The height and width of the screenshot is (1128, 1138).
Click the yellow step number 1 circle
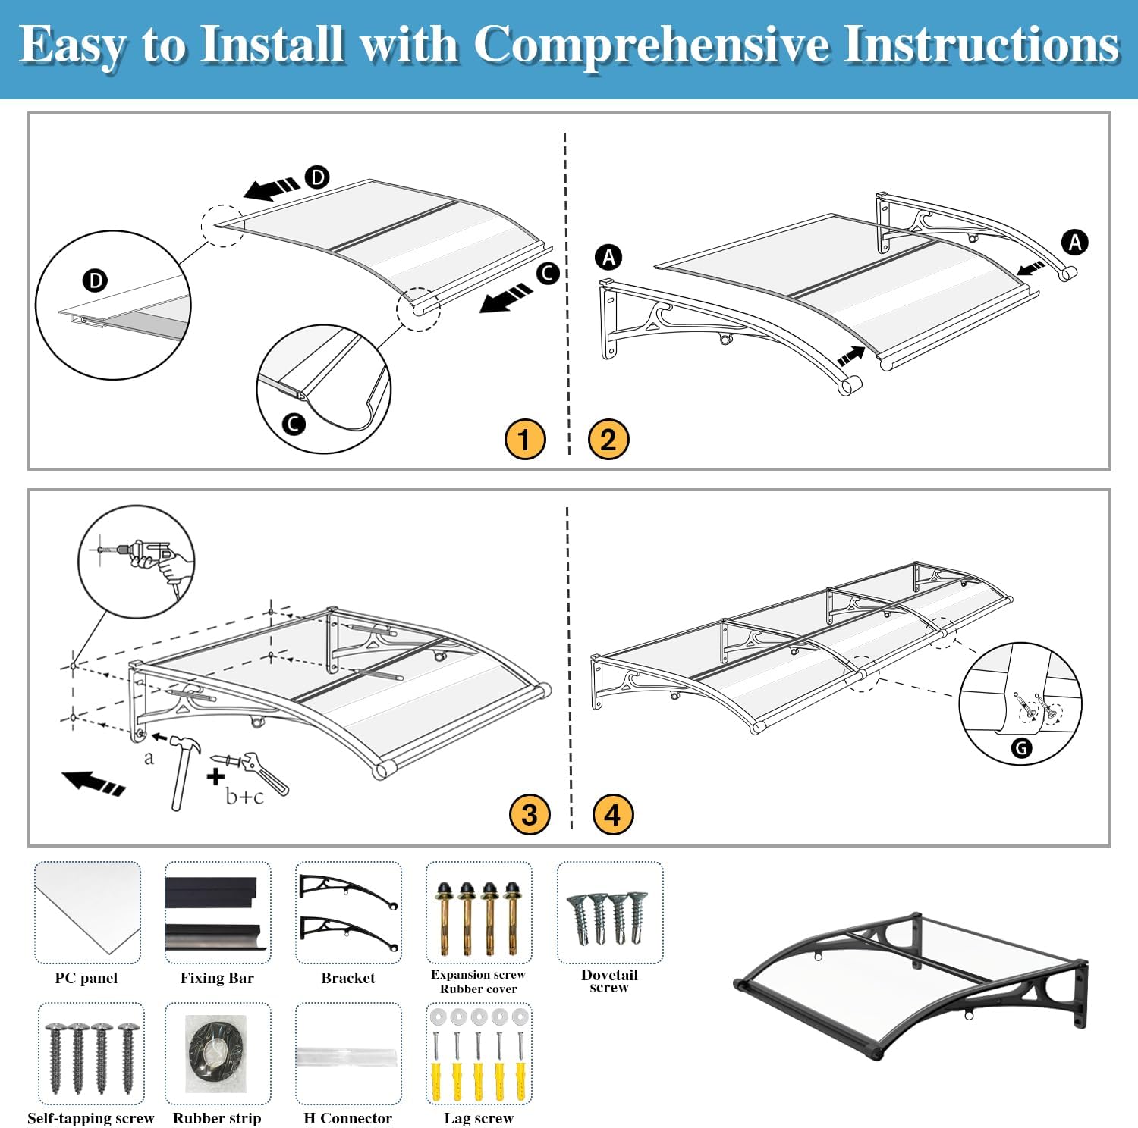(x=525, y=439)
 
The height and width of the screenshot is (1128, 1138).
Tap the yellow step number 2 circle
(x=608, y=439)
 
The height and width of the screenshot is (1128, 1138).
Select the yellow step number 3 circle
(x=530, y=814)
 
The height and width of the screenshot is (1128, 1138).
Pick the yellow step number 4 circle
(x=613, y=814)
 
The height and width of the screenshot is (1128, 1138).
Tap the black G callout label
(x=1022, y=748)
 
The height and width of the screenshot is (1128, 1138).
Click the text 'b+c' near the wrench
(x=244, y=797)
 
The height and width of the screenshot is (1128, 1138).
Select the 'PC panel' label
(x=86, y=978)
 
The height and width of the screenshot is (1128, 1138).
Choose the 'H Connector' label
(x=348, y=1118)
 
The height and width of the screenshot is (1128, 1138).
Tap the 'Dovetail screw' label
(x=609, y=980)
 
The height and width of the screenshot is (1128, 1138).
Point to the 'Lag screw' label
(x=479, y=1118)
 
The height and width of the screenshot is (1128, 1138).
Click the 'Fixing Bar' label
(x=217, y=978)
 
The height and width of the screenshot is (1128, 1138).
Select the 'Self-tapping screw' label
(x=90, y=1118)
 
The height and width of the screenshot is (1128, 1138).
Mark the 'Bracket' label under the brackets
(x=348, y=978)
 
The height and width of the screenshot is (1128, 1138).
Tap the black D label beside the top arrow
(x=317, y=177)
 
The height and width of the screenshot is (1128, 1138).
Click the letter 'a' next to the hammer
(x=149, y=757)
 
